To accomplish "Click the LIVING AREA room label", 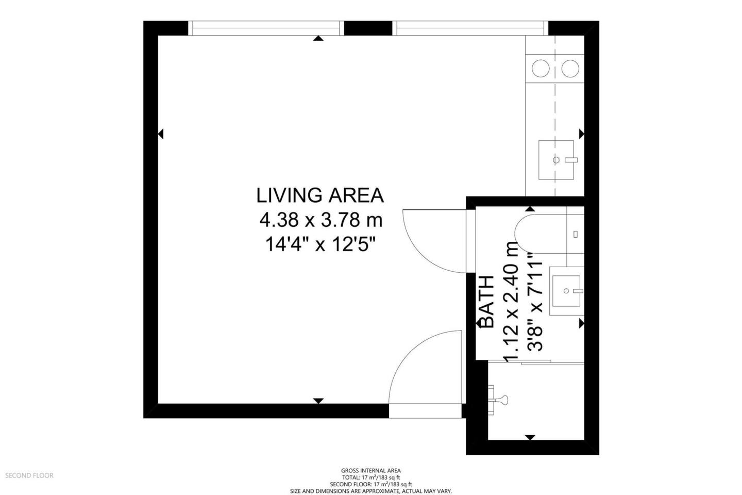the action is [x=320, y=195].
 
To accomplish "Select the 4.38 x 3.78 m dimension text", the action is [x=321, y=220].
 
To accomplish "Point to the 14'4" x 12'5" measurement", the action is [x=321, y=245].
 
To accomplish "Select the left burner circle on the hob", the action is [x=541, y=69].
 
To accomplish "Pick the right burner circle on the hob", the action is [x=570, y=69].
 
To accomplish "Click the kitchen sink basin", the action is [x=556, y=160].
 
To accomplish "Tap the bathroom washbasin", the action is [x=566, y=291].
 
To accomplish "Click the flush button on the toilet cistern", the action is [x=576, y=234].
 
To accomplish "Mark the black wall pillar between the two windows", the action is [x=368, y=28].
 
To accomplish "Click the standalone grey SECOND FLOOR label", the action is [x=29, y=475].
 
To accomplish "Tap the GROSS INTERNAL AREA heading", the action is [x=371, y=470].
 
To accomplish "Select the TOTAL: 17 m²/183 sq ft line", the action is [x=371, y=477].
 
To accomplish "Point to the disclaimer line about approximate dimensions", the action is [x=371, y=491].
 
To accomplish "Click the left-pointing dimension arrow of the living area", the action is [x=161, y=134].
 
